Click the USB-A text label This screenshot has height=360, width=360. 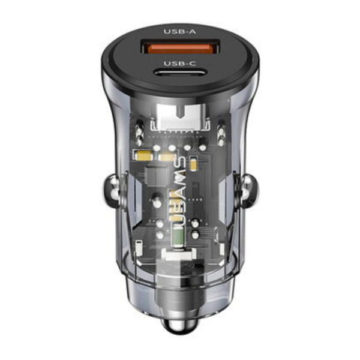click(x=180, y=31)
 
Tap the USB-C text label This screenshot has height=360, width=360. click(x=180, y=64)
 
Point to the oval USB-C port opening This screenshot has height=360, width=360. click(x=180, y=74)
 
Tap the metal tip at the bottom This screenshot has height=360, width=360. click(x=180, y=326)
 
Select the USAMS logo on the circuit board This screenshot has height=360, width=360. click(x=181, y=191)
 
